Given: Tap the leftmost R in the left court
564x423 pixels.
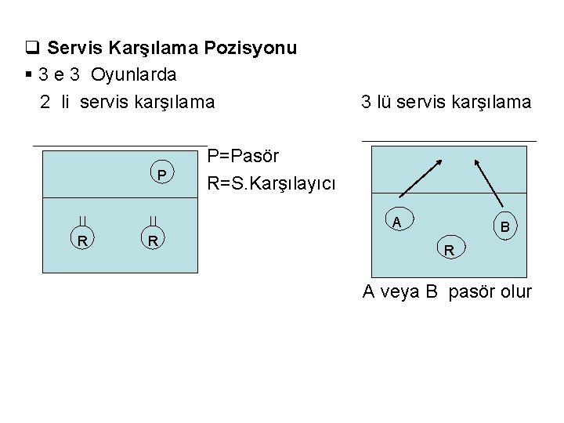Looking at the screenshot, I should (81, 240).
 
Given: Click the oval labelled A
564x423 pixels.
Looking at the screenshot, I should (397, 222).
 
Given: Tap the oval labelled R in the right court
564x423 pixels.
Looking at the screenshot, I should (450, 251).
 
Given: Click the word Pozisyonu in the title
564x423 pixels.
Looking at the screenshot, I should (251, 48).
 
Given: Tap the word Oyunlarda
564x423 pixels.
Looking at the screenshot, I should (134, 74).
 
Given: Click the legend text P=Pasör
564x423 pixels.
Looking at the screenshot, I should (244, 155).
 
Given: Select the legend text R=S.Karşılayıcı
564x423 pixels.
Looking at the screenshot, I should (271, 184).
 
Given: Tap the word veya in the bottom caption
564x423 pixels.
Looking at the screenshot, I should (399, 292).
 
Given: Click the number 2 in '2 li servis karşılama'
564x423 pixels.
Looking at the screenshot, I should (45, 102).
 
